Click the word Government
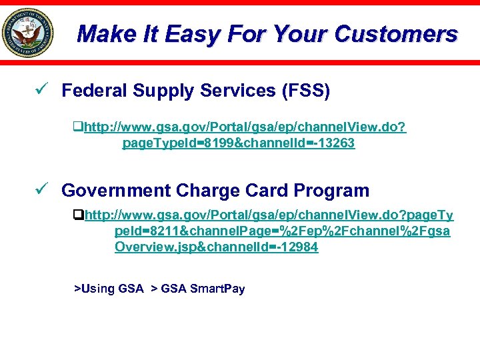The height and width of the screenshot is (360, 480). click(x=116, y=191)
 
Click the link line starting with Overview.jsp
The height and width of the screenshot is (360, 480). click(x=216, y=247)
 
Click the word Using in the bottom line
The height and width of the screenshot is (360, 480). click(x=97, y=289)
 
